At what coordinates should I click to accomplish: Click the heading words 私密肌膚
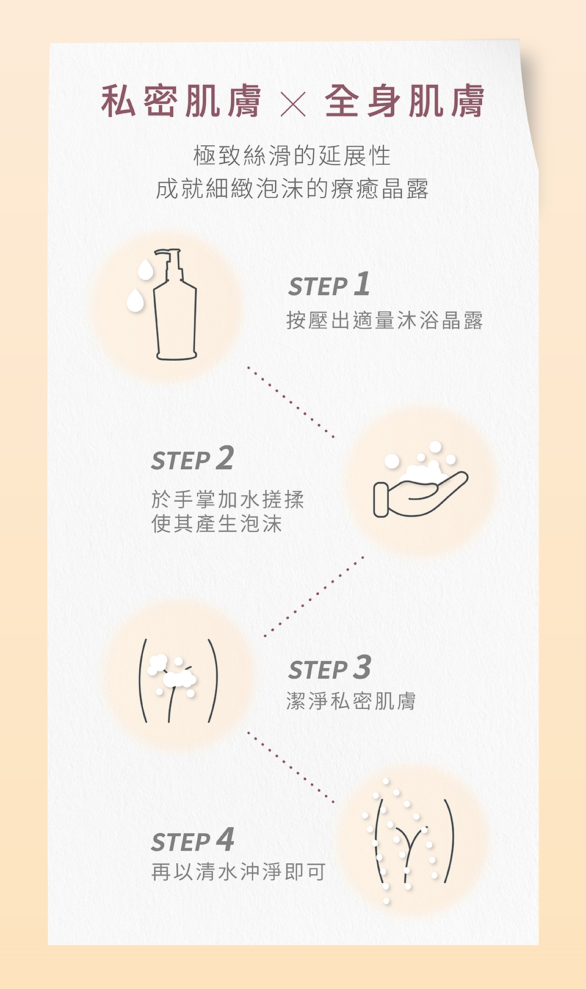181,101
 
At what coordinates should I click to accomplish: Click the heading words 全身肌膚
405,101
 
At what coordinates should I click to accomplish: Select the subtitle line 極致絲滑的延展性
292,156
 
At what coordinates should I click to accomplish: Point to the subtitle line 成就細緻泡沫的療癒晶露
292,189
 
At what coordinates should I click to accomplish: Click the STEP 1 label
329,284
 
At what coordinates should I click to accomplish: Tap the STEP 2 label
192,458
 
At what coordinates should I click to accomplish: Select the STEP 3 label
330,668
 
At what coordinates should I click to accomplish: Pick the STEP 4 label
192,840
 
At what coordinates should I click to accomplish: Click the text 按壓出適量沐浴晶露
385,320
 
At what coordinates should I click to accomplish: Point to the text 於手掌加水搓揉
228,500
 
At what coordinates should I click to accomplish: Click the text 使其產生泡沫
216,524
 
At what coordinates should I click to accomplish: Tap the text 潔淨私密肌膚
351,701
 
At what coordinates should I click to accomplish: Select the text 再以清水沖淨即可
239,872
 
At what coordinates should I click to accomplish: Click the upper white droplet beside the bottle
145,269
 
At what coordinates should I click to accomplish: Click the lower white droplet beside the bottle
135,301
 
